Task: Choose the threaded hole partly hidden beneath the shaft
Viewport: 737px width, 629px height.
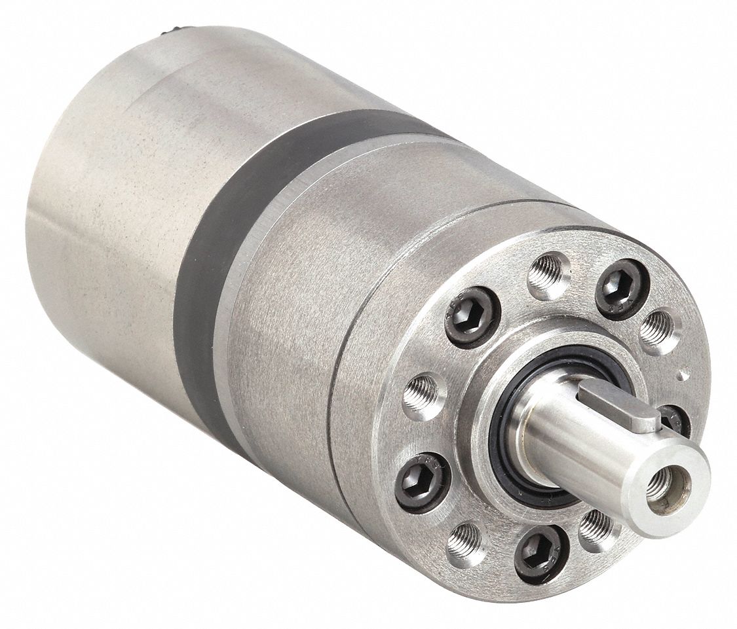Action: point(597,525)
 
